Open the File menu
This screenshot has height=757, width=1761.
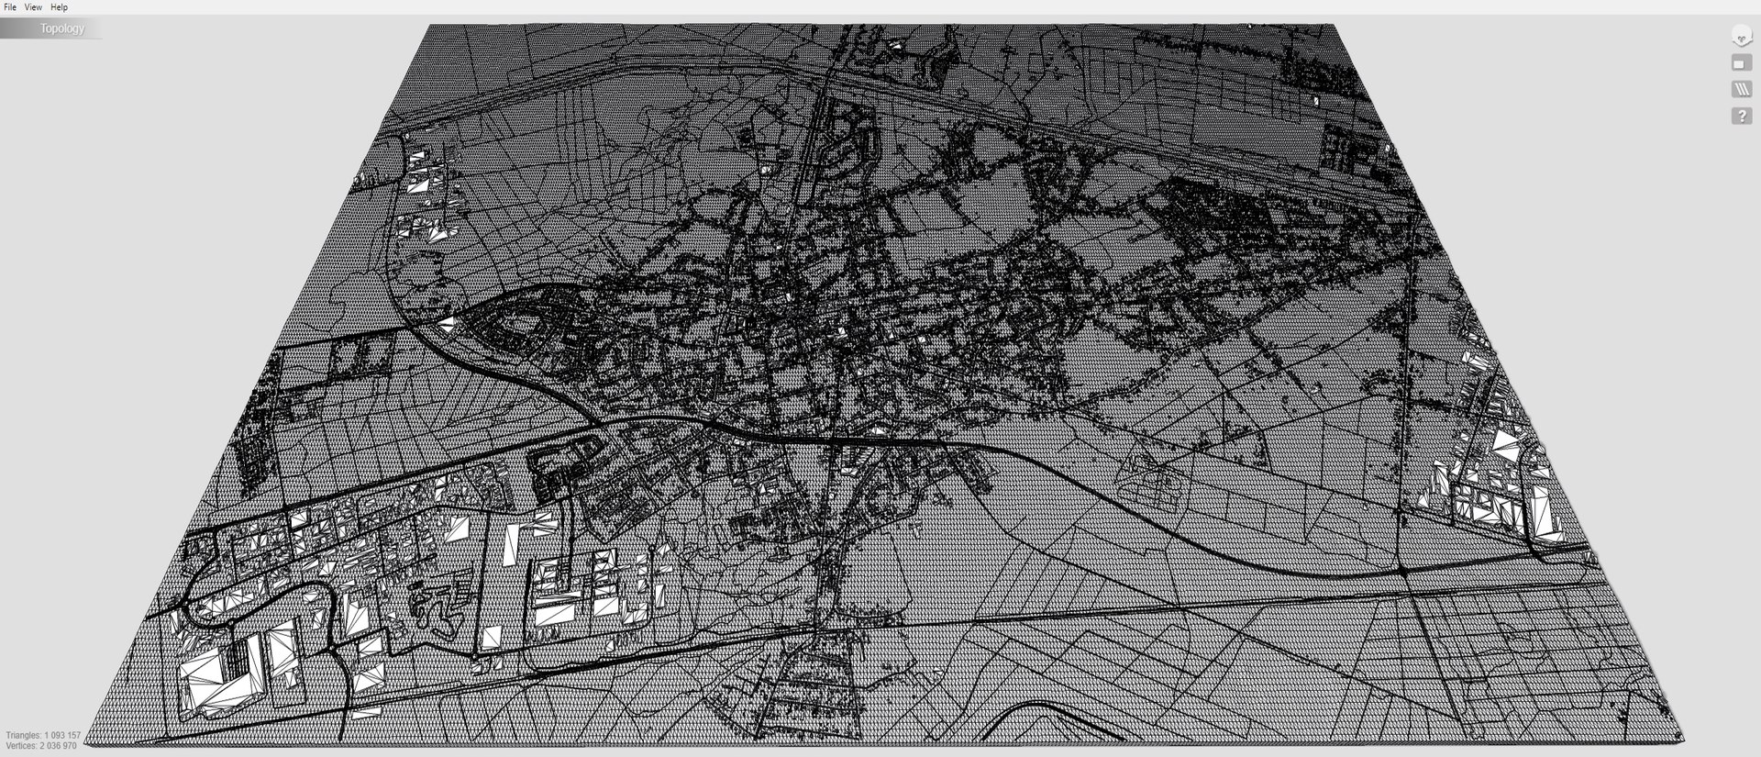10,7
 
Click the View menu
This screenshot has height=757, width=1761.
33,7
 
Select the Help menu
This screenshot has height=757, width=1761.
59,7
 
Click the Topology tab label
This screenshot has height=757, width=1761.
61,28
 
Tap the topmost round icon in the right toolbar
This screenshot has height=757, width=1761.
1741,37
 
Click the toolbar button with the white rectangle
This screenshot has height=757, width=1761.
1741,63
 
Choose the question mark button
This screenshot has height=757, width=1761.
1741,117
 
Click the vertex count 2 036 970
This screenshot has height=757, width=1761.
57,746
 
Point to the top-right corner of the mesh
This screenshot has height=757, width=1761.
1329,26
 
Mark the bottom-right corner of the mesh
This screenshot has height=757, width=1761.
1683,738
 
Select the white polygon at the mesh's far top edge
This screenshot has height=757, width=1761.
897,42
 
